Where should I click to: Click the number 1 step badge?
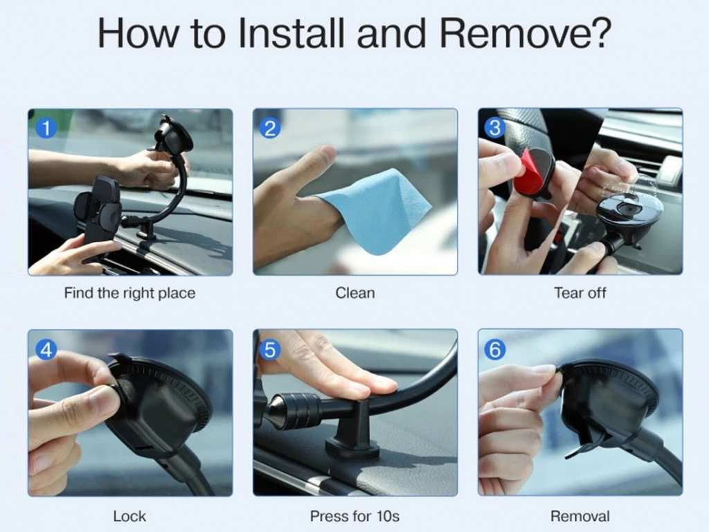[46, 127]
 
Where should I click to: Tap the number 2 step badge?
[270, 127]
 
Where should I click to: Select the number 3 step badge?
[494, 127]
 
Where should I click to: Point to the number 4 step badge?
[46, 350]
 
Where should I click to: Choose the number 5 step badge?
[270, 350]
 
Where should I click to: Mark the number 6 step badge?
[494, 350]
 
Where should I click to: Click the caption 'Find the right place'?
[129, 293]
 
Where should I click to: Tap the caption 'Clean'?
[354, 293]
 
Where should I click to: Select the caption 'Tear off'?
[580, 293]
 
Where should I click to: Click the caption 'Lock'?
[129, 516]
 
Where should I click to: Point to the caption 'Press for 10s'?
[354, 516]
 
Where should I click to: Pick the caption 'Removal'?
[580, 516]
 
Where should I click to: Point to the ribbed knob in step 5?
[298, 410]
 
